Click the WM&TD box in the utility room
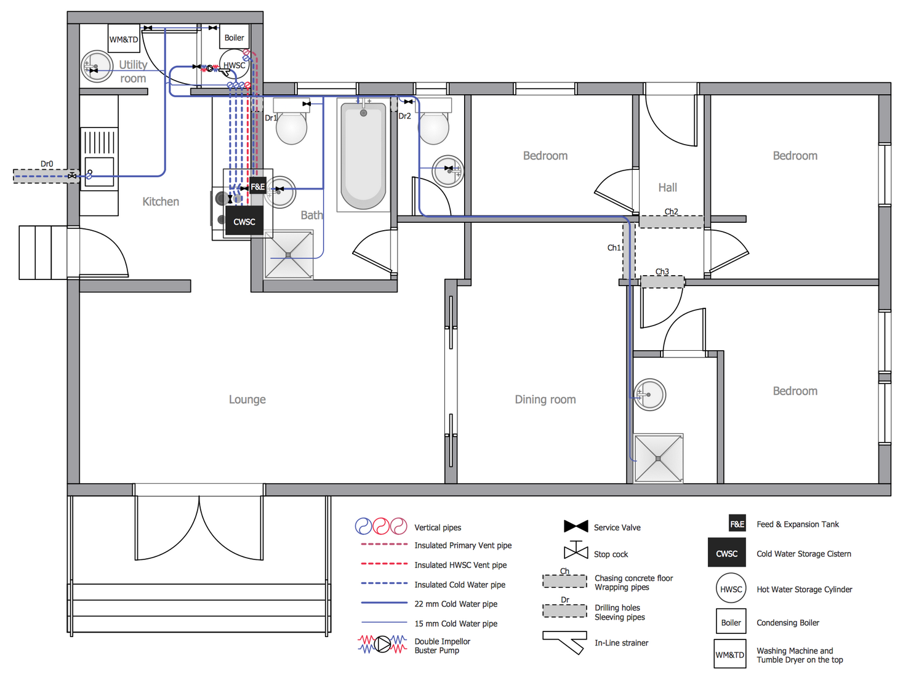(124, 39)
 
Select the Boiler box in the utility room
(234, 38)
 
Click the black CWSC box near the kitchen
(244, 222)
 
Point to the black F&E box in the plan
(258, 186)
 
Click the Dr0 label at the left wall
(47, 164)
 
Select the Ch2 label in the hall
(671, 212)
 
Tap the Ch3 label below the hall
(662, 271)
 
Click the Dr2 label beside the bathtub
(404, 116)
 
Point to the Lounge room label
(247, 399)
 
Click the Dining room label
(545, 399)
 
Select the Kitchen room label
(161, 201)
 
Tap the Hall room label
(667, 188)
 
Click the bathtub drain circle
(363, 113)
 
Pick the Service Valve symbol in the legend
(576, 526)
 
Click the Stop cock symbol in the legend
(576, 550)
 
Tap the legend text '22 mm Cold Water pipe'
(456, 604)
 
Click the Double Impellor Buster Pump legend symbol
(382, 644)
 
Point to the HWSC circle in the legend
(731, 589)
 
